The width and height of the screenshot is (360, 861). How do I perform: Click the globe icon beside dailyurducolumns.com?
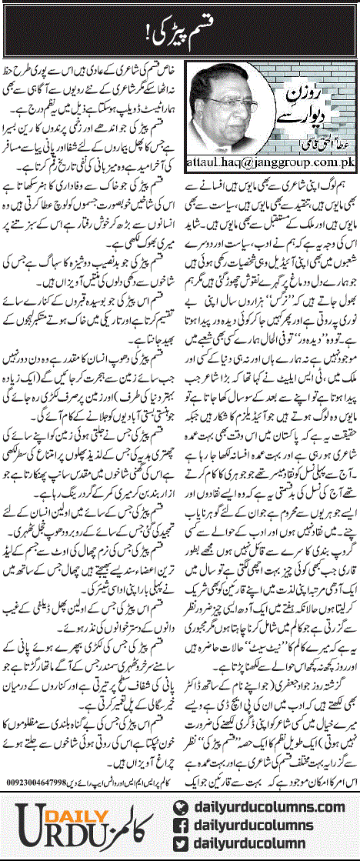[181, 796]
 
